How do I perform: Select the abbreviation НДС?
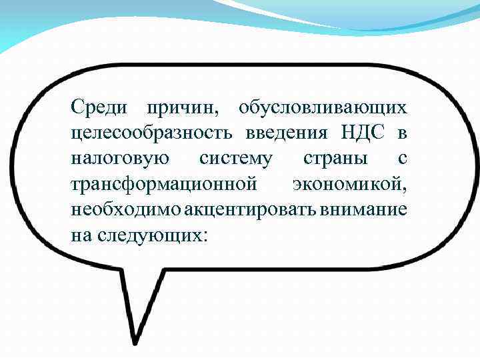click(x=363, y=133)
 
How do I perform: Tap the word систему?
click(x=236, y=159)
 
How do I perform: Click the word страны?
click(x=334, y=159)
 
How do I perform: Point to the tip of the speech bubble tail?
click(x=136, y=341)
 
